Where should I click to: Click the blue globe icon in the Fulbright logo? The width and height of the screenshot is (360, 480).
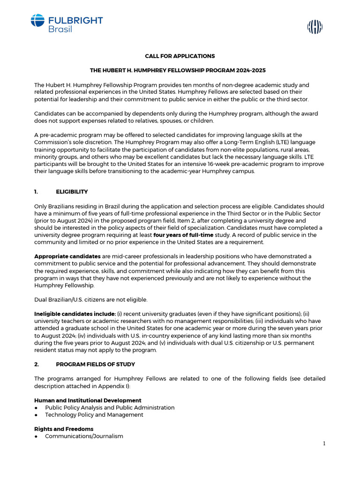click(37, 21)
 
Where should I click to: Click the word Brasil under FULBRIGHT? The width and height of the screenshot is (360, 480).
click(60, 30)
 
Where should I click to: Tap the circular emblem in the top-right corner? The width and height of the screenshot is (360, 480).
click(315, 28)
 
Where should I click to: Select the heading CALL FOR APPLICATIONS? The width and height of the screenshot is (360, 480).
click(180, 56)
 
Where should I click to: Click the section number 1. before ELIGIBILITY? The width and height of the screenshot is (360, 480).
click(36, 192)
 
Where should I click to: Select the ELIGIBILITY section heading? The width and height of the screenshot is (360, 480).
click(72, 192)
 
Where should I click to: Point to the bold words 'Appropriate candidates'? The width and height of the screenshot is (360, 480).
click(67, 256)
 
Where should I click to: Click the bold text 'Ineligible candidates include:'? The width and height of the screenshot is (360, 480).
click(75, 314)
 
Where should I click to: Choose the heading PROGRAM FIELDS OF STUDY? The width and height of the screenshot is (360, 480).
click(95, 364)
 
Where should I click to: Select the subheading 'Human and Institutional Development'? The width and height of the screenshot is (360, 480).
click(88, 400)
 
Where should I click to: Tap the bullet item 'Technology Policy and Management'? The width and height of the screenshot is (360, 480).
click(94, 415)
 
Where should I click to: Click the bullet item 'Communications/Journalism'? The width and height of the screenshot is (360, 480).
click(84, 436)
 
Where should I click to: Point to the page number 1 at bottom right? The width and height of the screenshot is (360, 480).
click(324, 444)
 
